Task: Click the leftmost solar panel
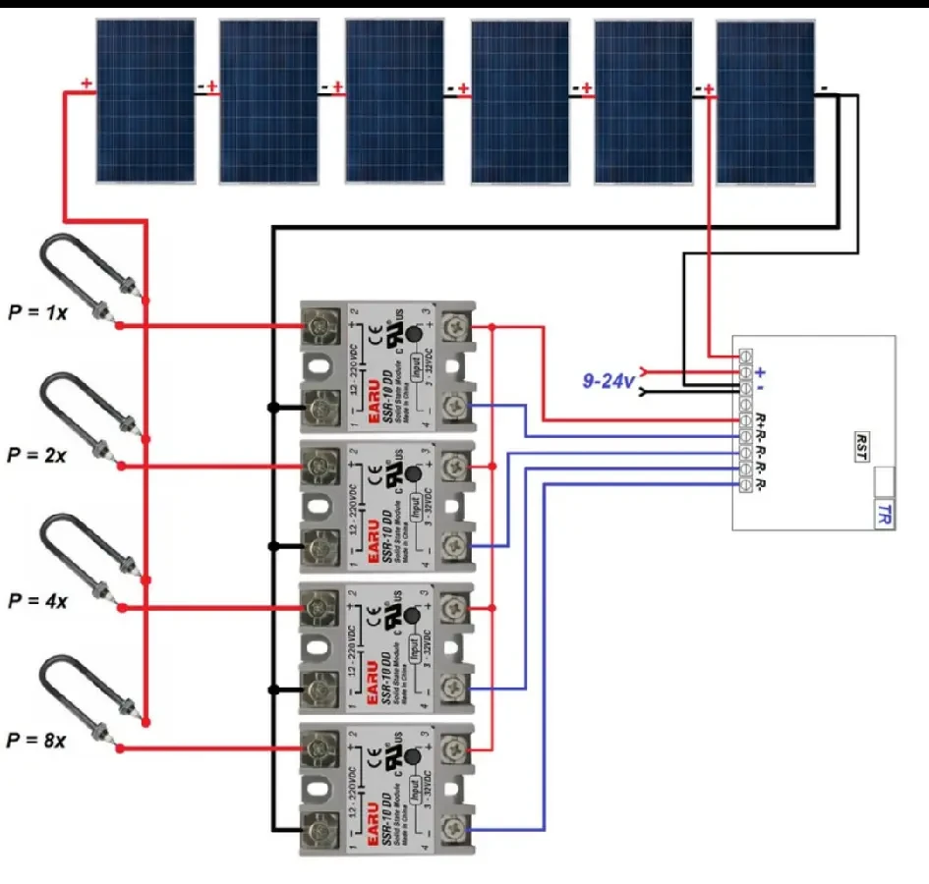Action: [x=145, y=101]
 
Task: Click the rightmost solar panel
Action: [x=765, y=102]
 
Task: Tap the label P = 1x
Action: [x=37, y=313]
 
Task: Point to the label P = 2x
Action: [x=36, y=456]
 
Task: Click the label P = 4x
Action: [x=36, y=600]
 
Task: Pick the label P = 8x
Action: [x=36, y=740]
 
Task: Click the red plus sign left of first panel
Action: [x=87, y=84]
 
